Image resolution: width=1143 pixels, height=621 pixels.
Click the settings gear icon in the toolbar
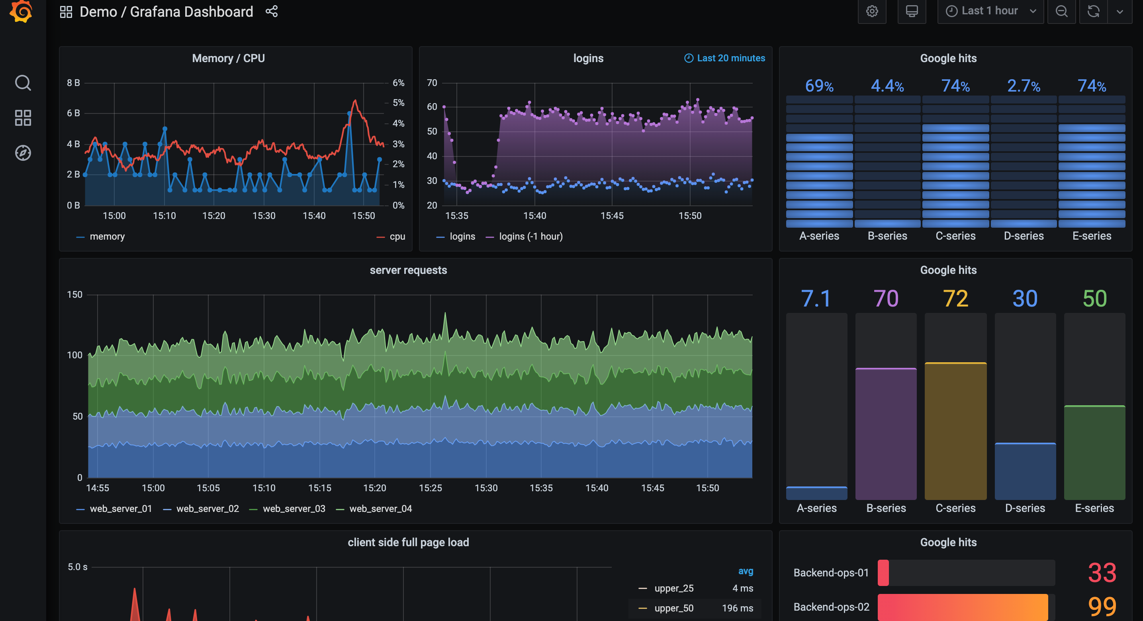click(x=871, y=11)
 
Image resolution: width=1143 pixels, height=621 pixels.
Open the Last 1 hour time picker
click(x=990, y=11)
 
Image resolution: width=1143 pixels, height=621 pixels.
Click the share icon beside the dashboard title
click(x=272, y=12)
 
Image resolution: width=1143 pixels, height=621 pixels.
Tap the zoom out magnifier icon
click(x=1061, y=11)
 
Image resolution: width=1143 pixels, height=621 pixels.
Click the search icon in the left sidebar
click(x=23, y=83)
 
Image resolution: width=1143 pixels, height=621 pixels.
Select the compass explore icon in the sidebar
click(x=23, y=153)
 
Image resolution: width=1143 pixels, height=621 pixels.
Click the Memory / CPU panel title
click(x=228, y=58)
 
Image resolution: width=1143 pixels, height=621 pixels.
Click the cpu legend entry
click(x=397, y=236)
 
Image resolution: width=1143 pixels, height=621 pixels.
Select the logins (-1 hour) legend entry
click(x=530, y=236)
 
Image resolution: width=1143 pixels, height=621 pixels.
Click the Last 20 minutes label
click(x=730, y=58)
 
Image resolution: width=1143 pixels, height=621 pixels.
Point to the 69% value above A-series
click(x=819, y=86)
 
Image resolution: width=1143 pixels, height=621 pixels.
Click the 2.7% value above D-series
click(x=1023, y=86)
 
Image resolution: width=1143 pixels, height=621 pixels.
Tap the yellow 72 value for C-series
click(x=955, y=298)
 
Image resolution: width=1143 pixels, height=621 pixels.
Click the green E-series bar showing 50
click(x=1094, y=453)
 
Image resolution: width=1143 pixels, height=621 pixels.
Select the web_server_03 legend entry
click(x=293, y=508)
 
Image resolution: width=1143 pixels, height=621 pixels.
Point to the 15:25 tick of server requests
click(x=430, y=488)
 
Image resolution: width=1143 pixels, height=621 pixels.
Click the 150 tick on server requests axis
click(x=74, y=295)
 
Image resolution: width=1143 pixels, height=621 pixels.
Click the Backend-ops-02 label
click(x=831, y=607)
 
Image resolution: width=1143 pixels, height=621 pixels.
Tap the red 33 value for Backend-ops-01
click(x=1101, y=573)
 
